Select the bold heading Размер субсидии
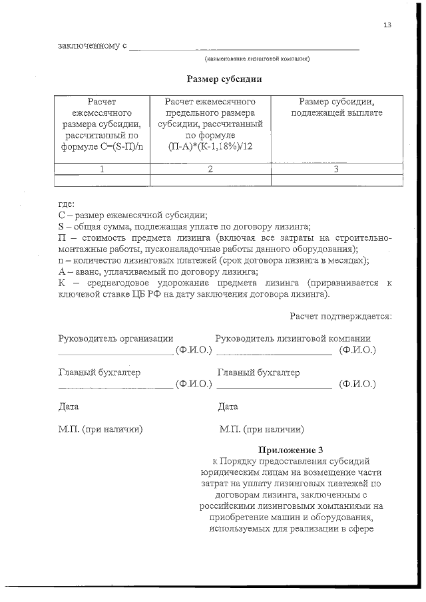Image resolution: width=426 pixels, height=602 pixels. click(x=224, y=78)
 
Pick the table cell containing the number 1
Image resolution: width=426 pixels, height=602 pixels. click(x=102, y=169)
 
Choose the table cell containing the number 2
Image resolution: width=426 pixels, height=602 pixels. click(x=210, y=169)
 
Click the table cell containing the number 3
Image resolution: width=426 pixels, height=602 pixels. click(x=337, y=169)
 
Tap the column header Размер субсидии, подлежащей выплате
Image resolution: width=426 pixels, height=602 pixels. click(x=337, y=107)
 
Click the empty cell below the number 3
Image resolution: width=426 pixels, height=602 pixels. click(x=337, y=180)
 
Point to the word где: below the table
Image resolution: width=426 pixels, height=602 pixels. click(x=67, y=204)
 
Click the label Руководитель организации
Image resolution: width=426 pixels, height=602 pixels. click(x=116, y=339)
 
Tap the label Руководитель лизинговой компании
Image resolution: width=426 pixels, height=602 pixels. click(x=293, y=339)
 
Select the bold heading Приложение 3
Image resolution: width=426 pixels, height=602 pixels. click(x=290, y=449)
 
